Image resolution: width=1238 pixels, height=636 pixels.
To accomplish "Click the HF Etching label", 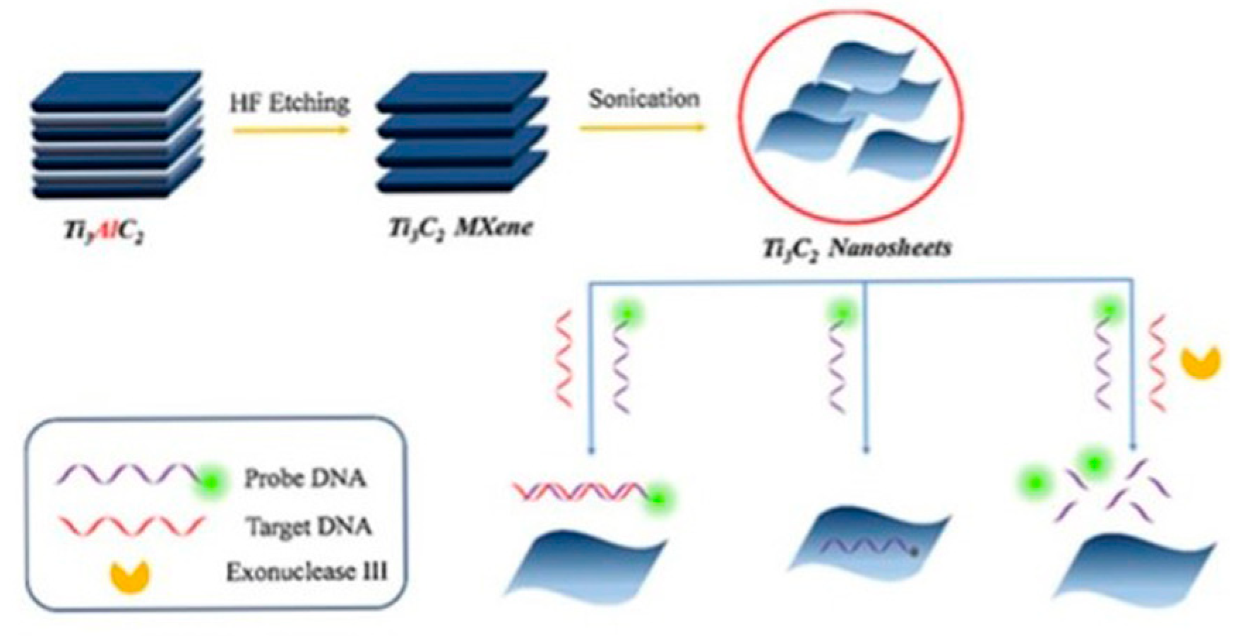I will click(x=290, y=104).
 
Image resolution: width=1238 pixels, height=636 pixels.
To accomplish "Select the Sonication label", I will click(x=644, y=99).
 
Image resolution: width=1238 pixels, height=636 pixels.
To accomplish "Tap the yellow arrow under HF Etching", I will click(x=291, y=130).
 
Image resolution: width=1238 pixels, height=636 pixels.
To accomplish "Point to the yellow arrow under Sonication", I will click(x=641, y=128).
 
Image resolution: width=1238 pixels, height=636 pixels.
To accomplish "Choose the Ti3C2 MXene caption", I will click(x=460, y=228).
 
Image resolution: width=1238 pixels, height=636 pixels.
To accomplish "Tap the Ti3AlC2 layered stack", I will click(x=117, y=134).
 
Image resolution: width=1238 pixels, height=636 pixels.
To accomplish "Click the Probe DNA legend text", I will click(x=304, y=479).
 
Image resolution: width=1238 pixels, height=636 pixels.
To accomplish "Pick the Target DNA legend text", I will click(x=309, y=527).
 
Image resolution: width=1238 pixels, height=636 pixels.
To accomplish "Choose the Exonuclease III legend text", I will click(x=306, y=571).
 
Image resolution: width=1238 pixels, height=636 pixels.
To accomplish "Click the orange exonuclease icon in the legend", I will click(x=130, y=576).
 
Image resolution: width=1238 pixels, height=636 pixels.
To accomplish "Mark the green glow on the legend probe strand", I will click(x=211, y=482).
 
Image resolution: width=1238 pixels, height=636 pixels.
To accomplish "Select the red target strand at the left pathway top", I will click(x=564, y=360).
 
